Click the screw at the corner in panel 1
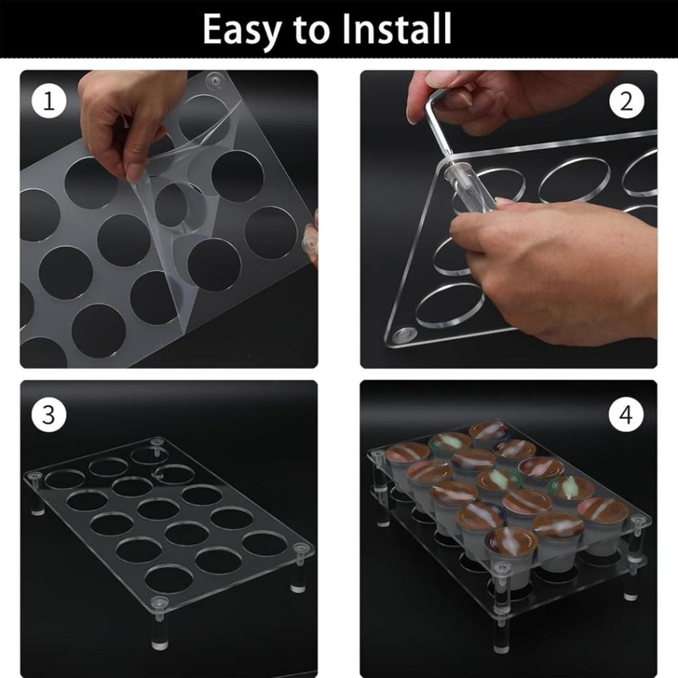point(213,81)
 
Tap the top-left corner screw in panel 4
point(378,456)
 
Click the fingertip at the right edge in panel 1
point(310,242)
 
